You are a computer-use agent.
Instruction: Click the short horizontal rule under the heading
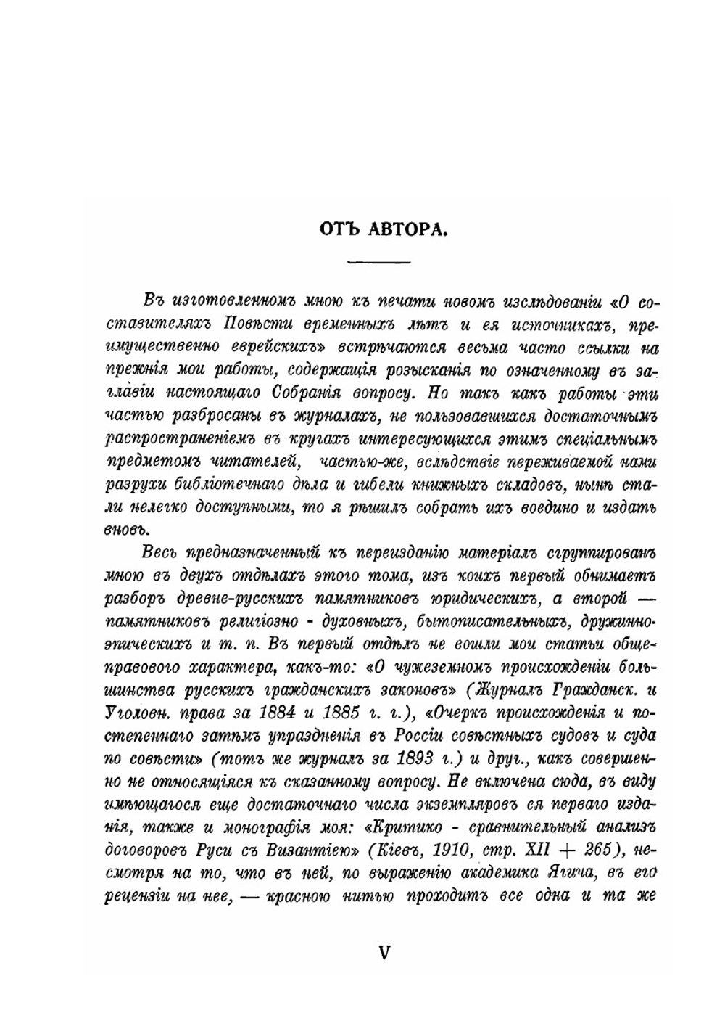pyautogui.click(x=378, y=261)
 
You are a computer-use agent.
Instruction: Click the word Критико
pyautogui.click(x=404, y=825)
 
